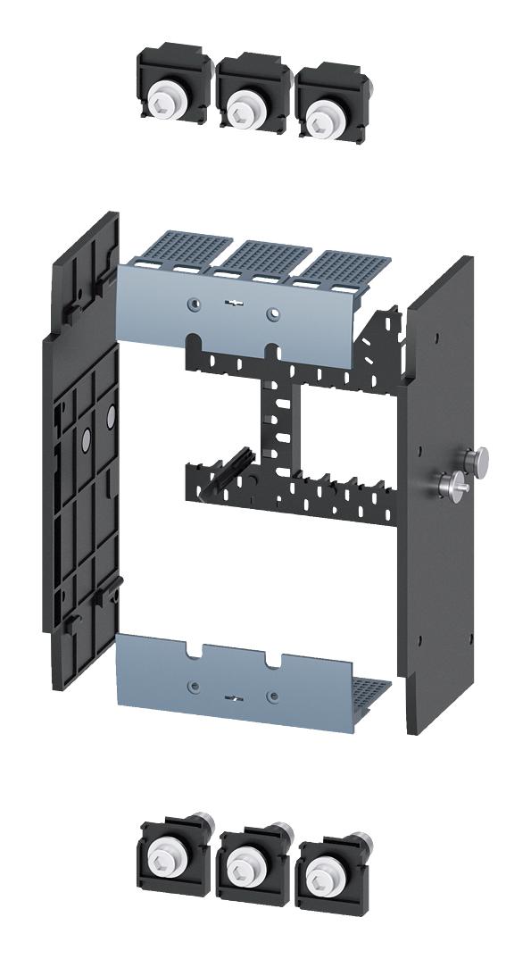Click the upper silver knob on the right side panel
click(x=479, y=460)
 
